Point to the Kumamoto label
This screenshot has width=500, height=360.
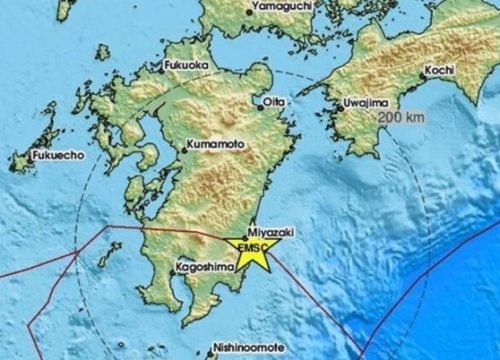pos(214,146)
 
